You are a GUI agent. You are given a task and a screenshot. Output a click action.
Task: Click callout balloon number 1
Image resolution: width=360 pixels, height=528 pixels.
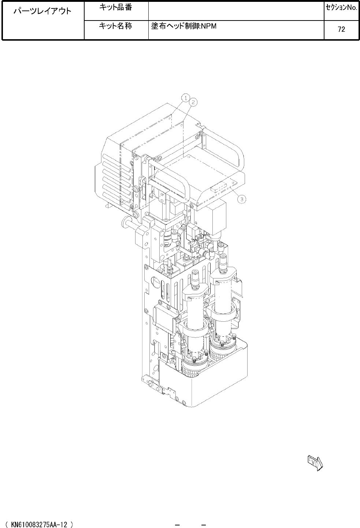[186, 98]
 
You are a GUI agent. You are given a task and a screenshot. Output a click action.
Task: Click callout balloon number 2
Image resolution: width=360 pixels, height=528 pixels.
[193, 102]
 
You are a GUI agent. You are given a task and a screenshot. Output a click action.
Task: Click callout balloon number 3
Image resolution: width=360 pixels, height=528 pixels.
[242, 199]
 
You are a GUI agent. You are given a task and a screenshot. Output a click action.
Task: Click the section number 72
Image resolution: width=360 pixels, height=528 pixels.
[341, 29]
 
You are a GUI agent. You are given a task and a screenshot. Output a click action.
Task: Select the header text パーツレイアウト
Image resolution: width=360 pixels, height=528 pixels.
[42, 11]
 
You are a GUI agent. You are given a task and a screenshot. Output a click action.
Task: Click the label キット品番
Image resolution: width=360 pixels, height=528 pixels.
[115, 8]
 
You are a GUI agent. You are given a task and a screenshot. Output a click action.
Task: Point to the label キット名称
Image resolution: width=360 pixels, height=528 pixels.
[115, 26]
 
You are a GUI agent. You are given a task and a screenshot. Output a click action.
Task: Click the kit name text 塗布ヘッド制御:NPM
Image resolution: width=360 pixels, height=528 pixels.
[184, 26]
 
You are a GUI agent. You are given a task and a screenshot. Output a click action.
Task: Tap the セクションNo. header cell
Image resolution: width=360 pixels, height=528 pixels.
[342, 8]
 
